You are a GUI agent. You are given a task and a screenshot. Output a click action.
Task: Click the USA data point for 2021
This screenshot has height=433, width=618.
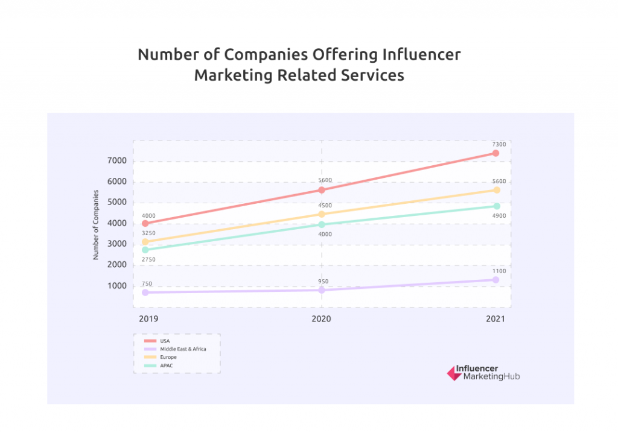495,153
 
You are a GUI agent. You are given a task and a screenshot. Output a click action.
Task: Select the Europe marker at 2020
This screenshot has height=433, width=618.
322,214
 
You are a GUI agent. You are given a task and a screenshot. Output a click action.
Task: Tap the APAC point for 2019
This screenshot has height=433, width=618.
145,250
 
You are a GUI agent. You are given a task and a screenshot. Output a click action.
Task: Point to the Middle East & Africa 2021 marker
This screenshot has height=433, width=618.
495,280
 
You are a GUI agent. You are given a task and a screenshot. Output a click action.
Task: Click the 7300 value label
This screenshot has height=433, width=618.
499,145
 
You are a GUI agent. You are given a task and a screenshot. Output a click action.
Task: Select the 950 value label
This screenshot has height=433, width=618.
324,281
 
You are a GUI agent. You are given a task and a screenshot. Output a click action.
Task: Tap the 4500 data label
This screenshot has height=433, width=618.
325,206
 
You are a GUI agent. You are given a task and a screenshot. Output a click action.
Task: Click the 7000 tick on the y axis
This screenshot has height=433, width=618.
117,161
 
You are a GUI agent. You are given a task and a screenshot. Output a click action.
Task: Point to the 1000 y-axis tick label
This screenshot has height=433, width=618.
117,286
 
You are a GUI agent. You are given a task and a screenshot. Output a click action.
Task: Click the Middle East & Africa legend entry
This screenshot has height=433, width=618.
183,349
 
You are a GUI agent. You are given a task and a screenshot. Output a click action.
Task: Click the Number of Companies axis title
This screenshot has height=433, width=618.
95,224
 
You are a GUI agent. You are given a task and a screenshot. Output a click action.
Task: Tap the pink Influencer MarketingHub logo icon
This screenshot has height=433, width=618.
454,373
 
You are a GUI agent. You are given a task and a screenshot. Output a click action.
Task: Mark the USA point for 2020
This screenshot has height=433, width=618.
322,190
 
